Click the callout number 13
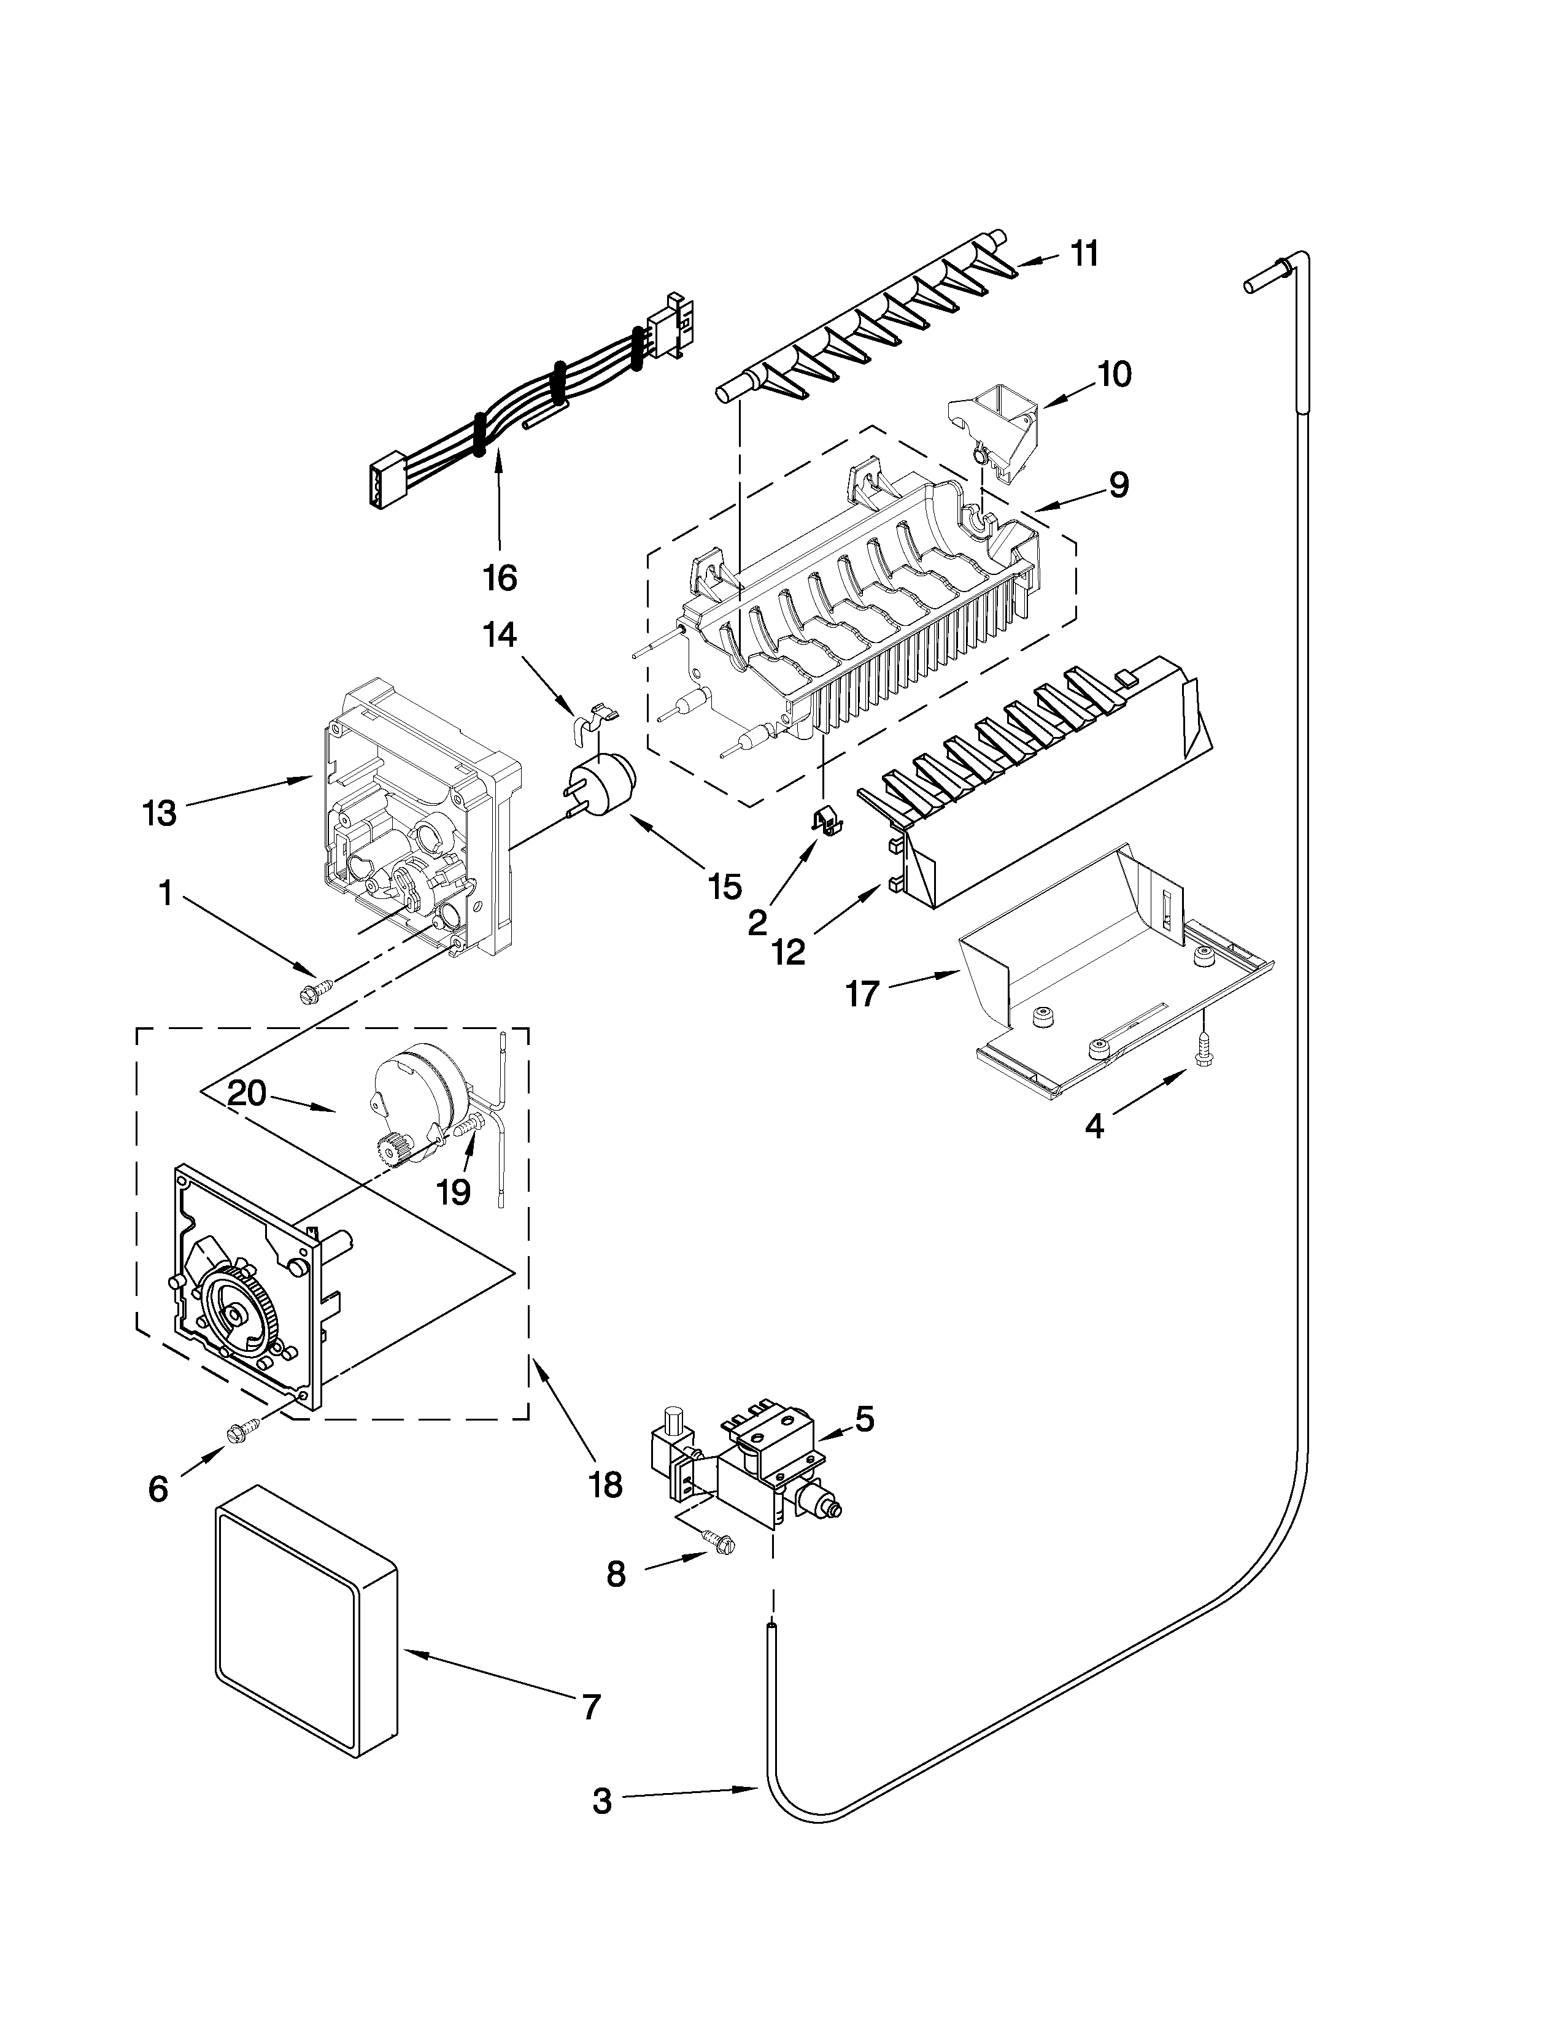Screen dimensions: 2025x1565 (x=160, y=813)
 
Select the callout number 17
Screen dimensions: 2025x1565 (x=861, y=995)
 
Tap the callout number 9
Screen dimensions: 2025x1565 (x=1118, y=484)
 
